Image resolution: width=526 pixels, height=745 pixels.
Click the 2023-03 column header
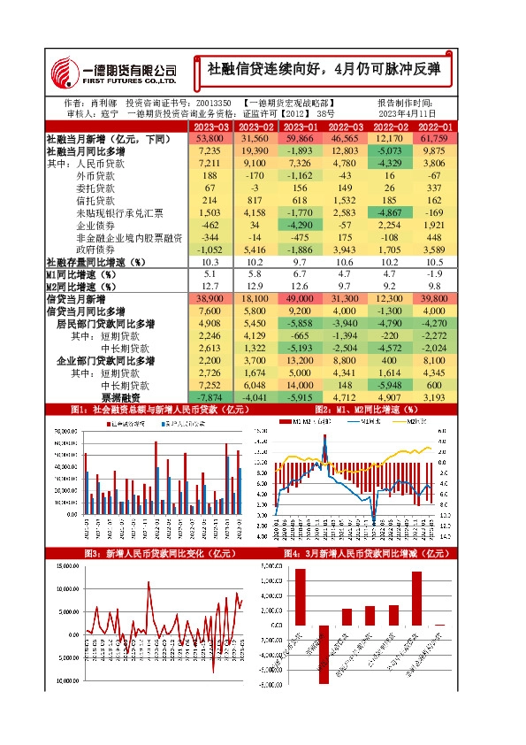210,127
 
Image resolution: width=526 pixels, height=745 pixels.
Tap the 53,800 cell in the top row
210,139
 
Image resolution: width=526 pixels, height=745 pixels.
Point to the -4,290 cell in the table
300,226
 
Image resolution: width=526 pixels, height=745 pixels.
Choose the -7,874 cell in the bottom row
210,397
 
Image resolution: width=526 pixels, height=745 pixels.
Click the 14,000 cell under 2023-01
300,385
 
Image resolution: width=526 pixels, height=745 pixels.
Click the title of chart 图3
147,553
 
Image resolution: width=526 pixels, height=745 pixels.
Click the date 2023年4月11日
409,114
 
